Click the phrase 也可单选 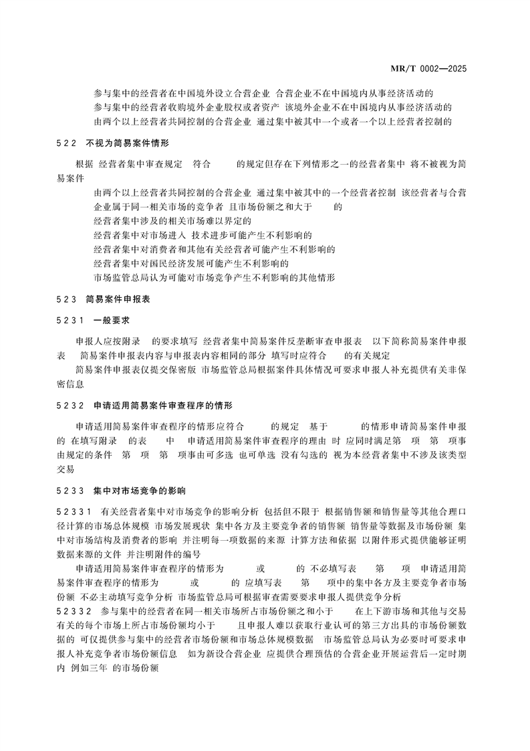[253, 455]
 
